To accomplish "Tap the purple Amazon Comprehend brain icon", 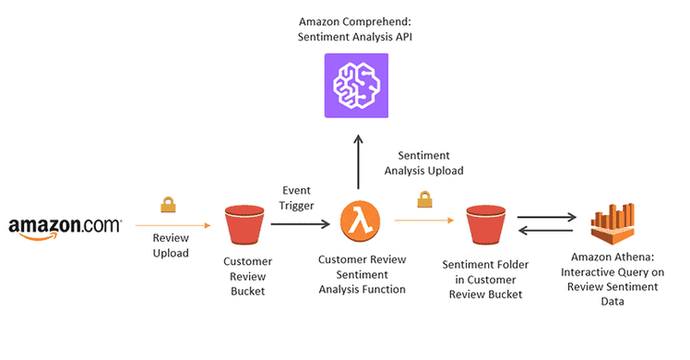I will click(357, 85).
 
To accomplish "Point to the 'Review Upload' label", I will click(171, 245).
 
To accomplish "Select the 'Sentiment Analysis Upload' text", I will click(430, 162).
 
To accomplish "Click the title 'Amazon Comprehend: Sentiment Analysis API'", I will click(356, 29).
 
